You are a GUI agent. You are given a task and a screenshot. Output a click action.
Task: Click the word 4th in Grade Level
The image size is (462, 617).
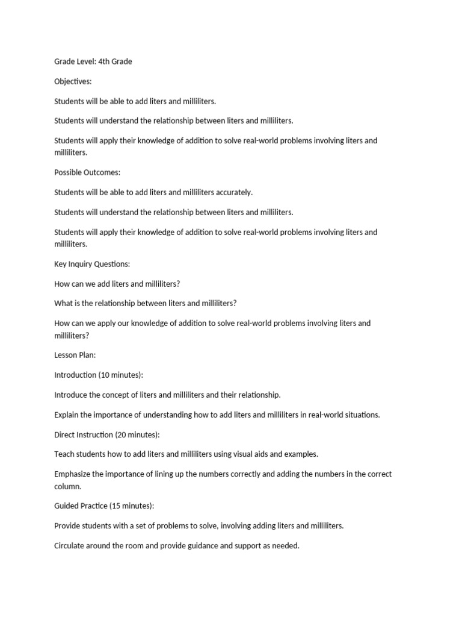[105, 61]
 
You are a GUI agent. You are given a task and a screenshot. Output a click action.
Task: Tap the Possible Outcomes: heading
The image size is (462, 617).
[87, 172]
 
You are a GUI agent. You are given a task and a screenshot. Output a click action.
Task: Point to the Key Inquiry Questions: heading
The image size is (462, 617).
[92, 264]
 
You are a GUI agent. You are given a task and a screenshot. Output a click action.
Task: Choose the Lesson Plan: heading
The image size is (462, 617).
[75, 355]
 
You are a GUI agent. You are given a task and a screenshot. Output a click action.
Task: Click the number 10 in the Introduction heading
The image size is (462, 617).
[106, 375]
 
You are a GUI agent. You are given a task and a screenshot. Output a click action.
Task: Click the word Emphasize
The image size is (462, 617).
[73, 474]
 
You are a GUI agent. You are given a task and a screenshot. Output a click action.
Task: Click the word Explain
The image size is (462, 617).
[67, 415]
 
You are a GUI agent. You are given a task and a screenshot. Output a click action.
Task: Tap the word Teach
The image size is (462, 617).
[64, 454]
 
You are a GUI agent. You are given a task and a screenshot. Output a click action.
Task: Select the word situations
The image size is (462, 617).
[360, 415]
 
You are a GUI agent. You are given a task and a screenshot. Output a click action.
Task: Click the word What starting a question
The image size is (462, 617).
[64, 303]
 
